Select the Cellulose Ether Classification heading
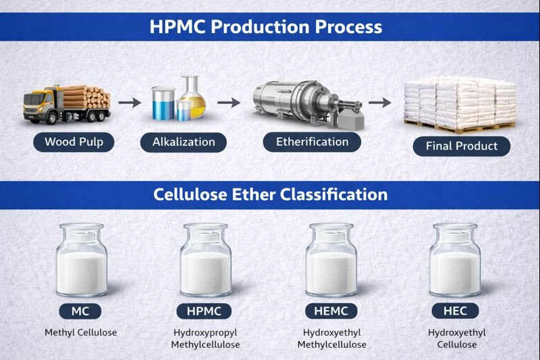(270, 195)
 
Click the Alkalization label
(183, 142)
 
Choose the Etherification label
(312, 142)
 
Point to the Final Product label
(461, 146)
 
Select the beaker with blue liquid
(163, 104)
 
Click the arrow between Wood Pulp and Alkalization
(130, 103)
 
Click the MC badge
(80, 311)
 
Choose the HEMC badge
(331, 311)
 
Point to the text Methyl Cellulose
(80, 333)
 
